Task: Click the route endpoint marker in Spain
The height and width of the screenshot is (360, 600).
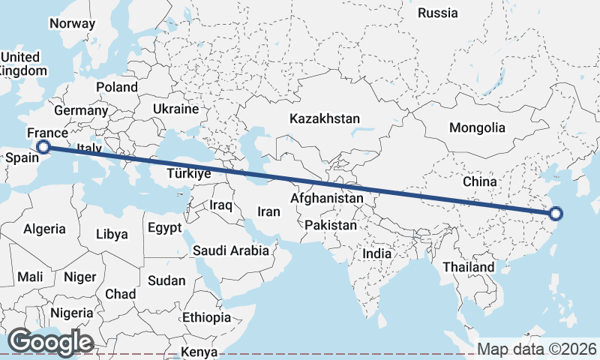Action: point(43,147)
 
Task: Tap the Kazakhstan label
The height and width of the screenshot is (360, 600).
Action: point(325,118)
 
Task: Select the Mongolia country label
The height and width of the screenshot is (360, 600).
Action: point(477,127)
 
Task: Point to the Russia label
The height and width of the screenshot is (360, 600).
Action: point(437,13)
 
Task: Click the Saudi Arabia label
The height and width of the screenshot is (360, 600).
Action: point(230,250)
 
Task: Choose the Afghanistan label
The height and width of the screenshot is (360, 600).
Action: point(326,199)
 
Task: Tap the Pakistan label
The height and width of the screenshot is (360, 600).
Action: point(331,225)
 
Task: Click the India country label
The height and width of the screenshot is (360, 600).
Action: point(376,253)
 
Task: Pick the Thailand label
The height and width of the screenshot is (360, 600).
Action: point(468,267)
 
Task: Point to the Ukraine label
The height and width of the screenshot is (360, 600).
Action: point(175,109)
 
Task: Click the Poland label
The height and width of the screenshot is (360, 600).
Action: point(116,87)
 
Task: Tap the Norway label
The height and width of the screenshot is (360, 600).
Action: point(73,23)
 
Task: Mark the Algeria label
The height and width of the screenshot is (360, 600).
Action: point(44,229)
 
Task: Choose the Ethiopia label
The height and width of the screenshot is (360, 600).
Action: point(206,317)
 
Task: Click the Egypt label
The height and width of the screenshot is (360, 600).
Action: point(164,227)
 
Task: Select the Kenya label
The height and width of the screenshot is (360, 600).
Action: point(199,351)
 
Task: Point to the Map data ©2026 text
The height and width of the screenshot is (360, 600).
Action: point(536,349)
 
